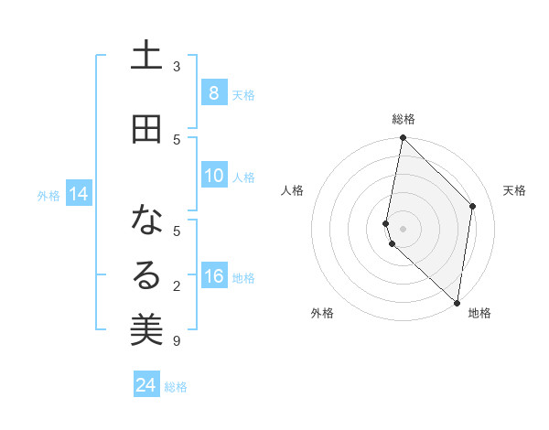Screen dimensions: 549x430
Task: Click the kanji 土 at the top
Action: click(146, 57)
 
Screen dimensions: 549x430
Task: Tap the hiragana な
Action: click(146, 220)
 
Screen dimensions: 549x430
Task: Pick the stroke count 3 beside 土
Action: click(177, 67)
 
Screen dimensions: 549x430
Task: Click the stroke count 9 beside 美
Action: click(177, 341)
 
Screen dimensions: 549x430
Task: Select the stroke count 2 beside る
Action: click(177, 286)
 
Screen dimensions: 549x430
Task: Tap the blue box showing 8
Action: click(213, 92)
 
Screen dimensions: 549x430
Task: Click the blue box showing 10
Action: click(213, 176)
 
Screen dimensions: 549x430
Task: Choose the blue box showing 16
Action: click(213, 276)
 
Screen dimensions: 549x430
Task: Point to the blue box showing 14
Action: click(78, 194)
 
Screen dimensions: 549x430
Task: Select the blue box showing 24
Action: click(146, 385)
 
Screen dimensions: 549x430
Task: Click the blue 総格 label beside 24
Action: click(176, 387)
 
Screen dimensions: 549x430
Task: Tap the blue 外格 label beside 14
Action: click(48, 196)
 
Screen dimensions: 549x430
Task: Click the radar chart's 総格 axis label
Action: click(403, 119)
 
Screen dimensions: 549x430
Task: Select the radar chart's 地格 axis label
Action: click(479, 314)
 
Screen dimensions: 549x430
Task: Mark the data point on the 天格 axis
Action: click(473, 206)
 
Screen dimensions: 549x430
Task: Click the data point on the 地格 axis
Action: click(457, 302)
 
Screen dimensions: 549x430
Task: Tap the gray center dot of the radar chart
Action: click(403, 229)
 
